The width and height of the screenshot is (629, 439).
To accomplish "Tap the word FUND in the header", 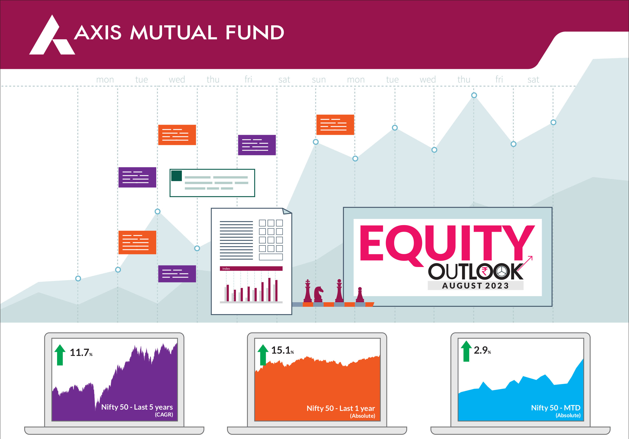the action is [255, 33].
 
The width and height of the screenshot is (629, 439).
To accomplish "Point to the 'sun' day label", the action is [319, 80].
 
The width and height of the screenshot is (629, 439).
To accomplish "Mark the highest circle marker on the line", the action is [474, 95].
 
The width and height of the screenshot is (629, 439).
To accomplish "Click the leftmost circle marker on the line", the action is [78, 279].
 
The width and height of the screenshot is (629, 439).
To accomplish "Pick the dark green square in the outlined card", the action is [177, 176].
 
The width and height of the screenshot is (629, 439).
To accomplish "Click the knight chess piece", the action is [318, 294].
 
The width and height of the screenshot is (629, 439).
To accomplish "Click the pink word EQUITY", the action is [447, 243].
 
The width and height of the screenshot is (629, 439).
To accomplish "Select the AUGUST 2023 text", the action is [476, 286].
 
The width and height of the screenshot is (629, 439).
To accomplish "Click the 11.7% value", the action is [81, 353].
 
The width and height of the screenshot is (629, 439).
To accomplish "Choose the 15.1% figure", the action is [283, 350].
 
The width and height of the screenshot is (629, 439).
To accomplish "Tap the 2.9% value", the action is [482, 350].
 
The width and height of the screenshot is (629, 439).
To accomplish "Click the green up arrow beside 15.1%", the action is [263, 355].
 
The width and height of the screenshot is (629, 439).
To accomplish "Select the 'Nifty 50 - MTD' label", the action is [556, 408].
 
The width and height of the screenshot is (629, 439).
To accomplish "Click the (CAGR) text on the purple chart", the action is [164, 415].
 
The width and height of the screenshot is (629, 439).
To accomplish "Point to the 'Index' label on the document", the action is [226, 269].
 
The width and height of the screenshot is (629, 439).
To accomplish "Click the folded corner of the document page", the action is [287, 211].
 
